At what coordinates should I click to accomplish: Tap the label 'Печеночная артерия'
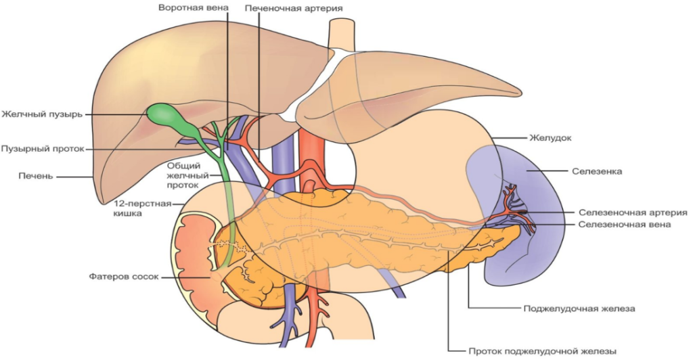tap(294, 8)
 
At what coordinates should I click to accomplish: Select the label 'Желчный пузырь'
tap(42, 114)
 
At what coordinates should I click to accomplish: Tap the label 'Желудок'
tap(550, 137)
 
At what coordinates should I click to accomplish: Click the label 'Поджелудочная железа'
tap(580, 308)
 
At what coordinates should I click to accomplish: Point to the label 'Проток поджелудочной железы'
tap(543, 351)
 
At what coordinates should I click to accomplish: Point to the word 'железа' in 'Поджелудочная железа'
tap(618, 308)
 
